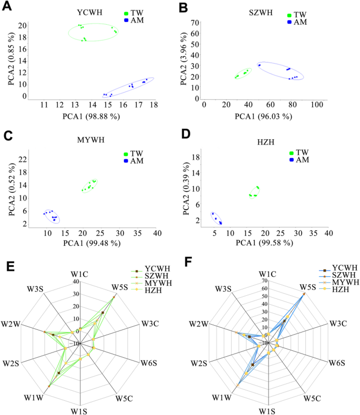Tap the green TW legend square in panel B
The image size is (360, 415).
click(x=290, y=16)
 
